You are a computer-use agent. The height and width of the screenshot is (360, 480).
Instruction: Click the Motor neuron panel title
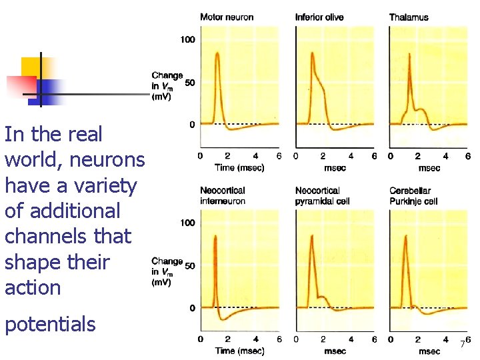pos(227,17)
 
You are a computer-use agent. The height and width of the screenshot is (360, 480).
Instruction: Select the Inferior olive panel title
pos(319,17)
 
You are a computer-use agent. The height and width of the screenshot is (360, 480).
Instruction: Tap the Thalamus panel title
pos(409,17)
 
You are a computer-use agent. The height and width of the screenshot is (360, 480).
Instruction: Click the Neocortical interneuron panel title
pos(223,195)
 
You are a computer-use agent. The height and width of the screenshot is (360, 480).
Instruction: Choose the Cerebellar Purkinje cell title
pos(413,195)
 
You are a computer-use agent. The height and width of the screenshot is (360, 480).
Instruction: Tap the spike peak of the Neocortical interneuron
pos(215,236)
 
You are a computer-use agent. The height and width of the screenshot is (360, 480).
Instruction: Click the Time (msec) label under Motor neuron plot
pos(239,167)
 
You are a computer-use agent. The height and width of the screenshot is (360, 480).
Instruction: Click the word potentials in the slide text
pos(50,325)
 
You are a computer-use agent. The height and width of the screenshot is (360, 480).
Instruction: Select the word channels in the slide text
pos(68,237)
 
